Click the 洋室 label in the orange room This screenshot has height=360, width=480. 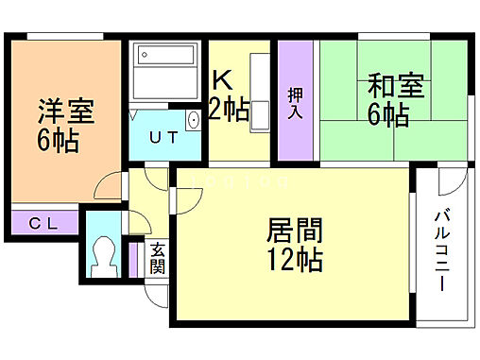click(x=65, y=111)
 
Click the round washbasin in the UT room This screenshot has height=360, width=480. click(x=193, y=120)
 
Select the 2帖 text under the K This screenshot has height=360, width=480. click(x=230, y=111)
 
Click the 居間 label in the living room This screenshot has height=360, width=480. click(x=294, y=230)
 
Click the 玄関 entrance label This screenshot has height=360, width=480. click(x=157, y=258)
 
